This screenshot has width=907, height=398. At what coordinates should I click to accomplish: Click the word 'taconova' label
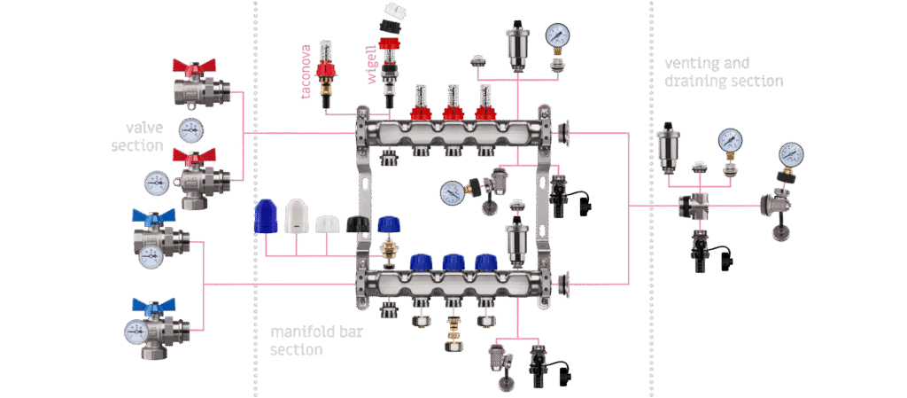307,71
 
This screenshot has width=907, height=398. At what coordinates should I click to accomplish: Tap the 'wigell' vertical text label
372,65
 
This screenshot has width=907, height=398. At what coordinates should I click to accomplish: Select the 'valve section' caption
137,137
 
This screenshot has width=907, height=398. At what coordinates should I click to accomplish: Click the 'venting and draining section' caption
724,72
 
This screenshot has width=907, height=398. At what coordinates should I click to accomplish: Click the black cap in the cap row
357,224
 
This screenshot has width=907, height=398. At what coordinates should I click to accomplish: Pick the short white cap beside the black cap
327,224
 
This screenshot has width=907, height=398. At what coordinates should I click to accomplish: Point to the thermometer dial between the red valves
190,130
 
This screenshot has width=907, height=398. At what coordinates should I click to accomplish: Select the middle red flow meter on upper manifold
453,103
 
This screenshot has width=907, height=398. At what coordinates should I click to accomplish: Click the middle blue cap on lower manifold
453,263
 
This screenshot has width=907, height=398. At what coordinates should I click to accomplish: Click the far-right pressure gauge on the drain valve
791,154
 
